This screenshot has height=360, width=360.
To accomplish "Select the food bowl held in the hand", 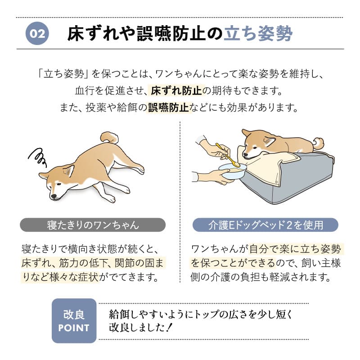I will pyautogui.click(x=232, y=171).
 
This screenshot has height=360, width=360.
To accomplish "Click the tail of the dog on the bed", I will pyautogui.click(x=319, y=144).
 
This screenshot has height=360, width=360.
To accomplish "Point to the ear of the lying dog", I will pyautogui.click(x=68, y=170).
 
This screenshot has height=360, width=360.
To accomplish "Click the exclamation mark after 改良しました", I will pyautogui.click(x=169, y=328).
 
